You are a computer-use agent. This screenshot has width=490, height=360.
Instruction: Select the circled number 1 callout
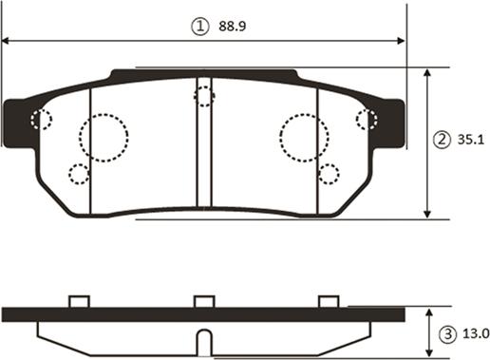[x=199, y=28]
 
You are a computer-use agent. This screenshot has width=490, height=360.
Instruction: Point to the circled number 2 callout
[x=442, y=141]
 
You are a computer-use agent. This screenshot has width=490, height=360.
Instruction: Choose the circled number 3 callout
[x=446, y=333]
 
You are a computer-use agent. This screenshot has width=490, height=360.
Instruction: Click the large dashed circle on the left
[x=103, y=138]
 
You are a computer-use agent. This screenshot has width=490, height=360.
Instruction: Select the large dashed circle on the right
[x=304, y=137]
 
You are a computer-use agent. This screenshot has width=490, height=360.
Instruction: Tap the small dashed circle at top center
[x=204, y=95]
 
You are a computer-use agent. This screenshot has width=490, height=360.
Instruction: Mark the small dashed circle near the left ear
[x=41, y=120]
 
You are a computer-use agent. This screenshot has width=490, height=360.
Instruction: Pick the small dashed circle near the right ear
[x=366, y=119]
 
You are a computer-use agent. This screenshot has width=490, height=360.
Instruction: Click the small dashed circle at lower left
[x=79, y=174]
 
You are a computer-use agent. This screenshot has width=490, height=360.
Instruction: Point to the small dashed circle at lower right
[x=329, y=174]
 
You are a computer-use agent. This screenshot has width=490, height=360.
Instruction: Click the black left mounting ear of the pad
[x=17, y=123]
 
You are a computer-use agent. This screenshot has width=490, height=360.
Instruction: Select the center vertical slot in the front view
[x=204, y=142]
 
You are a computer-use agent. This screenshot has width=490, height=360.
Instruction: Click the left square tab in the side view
[x=80, y=301]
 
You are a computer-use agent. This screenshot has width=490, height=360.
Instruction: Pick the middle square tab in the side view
[x=204, y=301]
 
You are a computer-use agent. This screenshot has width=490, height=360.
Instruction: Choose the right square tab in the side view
[x=329, y=301]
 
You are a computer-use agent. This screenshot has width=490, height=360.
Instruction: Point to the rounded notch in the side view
[x=204, y=340]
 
